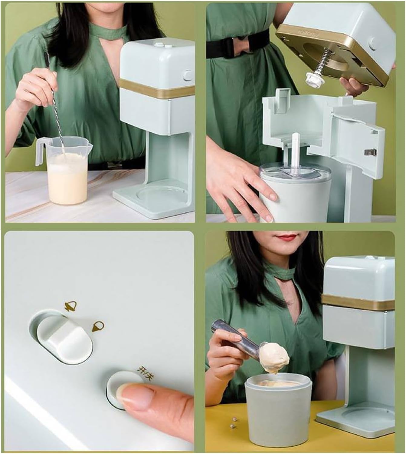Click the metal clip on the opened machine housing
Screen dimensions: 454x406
(371, 151)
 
